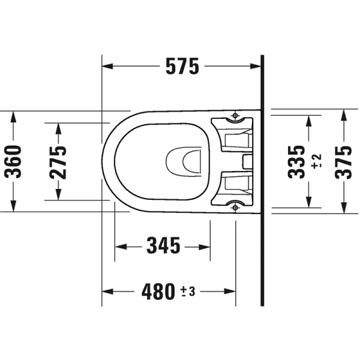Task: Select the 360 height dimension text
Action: (x=13, y=162)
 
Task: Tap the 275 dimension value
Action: (x=58, y=162)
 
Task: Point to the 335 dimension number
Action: (x=296, y=161)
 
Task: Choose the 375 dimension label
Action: (x=344, y=161)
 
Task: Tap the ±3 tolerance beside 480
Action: (x=188, y=292)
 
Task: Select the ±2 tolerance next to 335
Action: (x=317, y=161)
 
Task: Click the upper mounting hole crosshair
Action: (x=235, y=115)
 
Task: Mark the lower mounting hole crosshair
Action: (x=235, y=208)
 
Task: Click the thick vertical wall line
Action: (x=262, y=180)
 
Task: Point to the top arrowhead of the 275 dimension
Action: (x=58, y=127)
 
